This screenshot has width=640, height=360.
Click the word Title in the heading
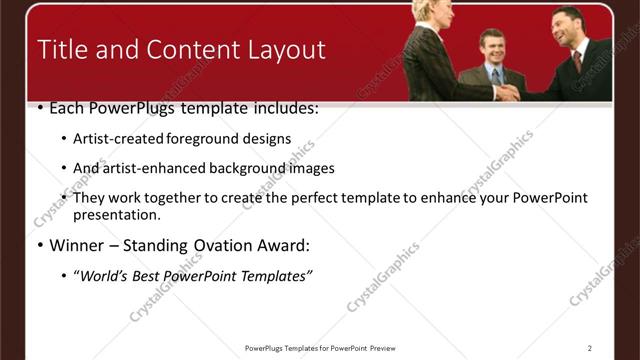click(x=63, y=50)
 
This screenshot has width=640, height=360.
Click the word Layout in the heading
click(x=284, y=50)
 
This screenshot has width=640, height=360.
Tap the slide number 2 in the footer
click(x=590, y=348)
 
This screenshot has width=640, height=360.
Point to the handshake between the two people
click(x=509, y=92)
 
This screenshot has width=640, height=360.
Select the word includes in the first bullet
click(x=281, y=108)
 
